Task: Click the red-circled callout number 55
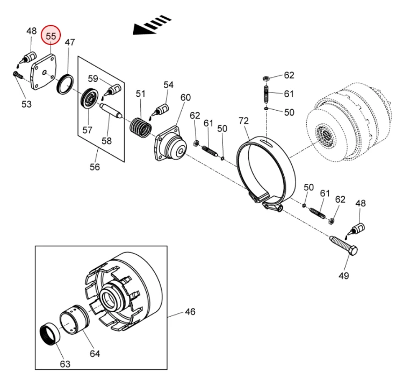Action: tap(51, 36)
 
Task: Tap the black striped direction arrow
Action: tap(152, 25)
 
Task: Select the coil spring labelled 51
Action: tap(140, 127)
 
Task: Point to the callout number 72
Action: tap(243, 120)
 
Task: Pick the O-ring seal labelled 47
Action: tap(65, 84)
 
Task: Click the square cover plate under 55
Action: tap(43, 71)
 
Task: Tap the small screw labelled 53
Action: tap(18, 75)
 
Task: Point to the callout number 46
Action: tap(190, 312)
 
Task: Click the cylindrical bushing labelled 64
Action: tap(75, 320)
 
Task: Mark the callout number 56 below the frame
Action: tap(95, 167)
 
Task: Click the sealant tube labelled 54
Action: tap(161, 111)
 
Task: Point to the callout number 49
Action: tap(344, 276)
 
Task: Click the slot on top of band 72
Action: tap(267, 142)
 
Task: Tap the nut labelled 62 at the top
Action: tap(267, 78)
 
